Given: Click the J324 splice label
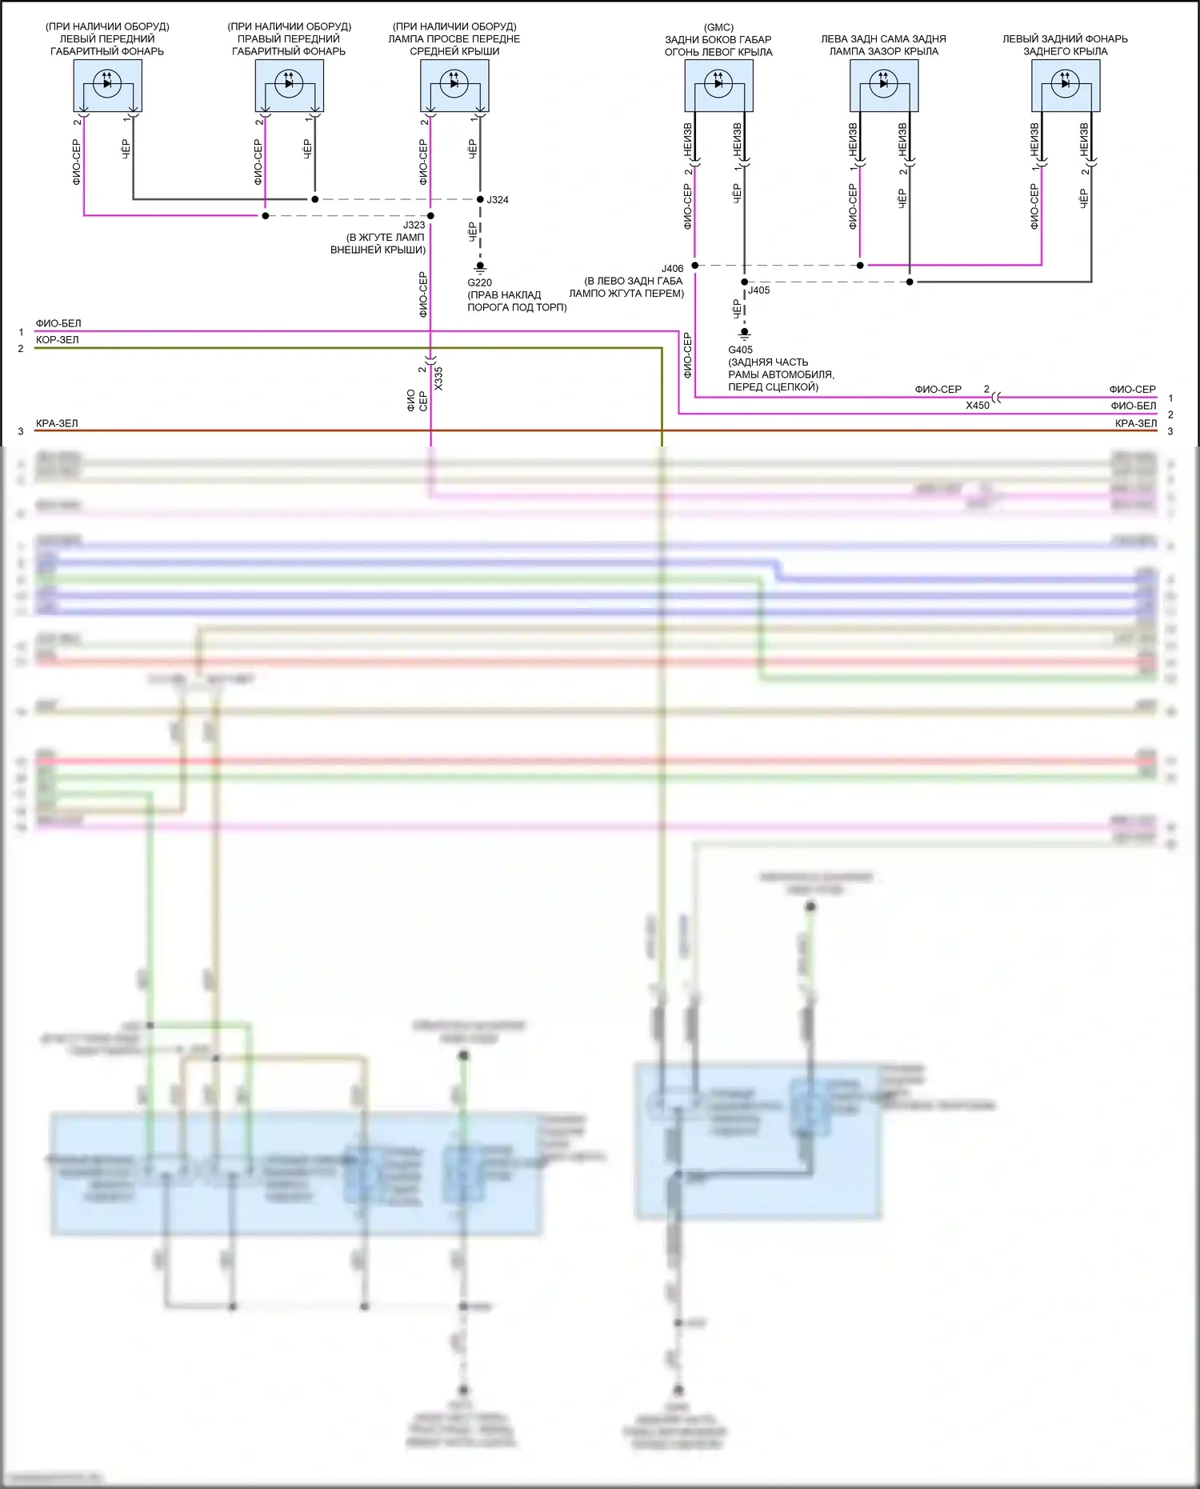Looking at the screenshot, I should click(x=498, y=200).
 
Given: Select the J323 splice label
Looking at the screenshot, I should click(x=414, y=226).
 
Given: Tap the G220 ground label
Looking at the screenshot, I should click(x=480, y=282).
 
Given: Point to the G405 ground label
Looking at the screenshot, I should click(x=740, y=350).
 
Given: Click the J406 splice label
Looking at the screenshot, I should click(x=673, y=269).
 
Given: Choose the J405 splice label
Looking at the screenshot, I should click(x=759, y=290).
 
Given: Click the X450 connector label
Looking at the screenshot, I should click(x=978, y=406).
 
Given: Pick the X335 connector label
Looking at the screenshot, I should click(x=438, y=378).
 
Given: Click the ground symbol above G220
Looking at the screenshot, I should click(x=480, y=267).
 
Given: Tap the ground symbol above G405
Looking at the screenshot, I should click(x=744, y=334).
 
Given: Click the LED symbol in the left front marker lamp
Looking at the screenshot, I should click(x=107, y=83).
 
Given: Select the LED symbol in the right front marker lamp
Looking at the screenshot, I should click(x=289, y=83).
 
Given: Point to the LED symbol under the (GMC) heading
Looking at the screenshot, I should click(x=718, y=83).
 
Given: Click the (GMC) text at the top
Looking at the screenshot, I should click(x=718, y=27).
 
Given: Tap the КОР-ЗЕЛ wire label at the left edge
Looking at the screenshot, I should click(x=58, y=340).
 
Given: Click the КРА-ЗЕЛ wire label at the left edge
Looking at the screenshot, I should click(x=57, y=423).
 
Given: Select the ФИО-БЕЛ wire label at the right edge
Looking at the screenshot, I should click(x=1133, y=406).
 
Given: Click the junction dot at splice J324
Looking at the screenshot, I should click(x=480, y=199).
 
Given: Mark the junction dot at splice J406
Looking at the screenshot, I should click(x=695, y=266).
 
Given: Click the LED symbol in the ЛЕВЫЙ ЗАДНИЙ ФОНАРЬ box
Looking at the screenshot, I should click(x=1065, y=83).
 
